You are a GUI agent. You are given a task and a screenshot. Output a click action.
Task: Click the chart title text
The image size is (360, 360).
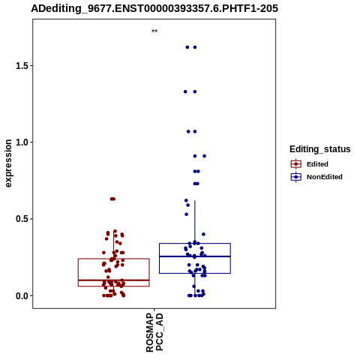154,8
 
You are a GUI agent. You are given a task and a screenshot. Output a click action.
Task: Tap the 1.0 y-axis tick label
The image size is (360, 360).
21,142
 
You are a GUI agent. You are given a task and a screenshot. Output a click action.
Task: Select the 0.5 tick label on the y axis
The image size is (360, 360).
21,219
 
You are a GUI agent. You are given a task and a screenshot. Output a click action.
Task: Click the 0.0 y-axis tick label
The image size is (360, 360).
21,295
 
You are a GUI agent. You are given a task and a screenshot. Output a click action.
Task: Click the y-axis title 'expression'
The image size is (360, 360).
8,163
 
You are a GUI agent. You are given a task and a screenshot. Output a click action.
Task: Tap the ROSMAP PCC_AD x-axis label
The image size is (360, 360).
154,332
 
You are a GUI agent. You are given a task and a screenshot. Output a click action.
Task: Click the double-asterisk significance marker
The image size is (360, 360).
154,31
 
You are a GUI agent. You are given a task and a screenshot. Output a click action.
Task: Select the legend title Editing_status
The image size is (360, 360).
320,149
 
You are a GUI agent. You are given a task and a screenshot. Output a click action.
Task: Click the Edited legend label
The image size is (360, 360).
317,164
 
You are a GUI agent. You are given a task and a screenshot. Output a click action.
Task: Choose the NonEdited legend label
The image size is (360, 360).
325,177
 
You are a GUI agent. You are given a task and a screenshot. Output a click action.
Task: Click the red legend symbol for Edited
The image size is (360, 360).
296,164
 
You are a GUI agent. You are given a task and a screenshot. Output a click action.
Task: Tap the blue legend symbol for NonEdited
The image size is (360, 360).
296,177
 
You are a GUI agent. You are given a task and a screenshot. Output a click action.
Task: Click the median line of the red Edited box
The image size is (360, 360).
114,280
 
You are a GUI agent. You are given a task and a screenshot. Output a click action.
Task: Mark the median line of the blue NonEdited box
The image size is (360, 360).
195,256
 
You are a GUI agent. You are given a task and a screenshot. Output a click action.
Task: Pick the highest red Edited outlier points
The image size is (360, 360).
112,199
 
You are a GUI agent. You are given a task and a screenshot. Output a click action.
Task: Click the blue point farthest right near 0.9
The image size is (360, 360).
204,156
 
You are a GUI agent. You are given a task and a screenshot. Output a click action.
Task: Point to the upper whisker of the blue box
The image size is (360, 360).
195,222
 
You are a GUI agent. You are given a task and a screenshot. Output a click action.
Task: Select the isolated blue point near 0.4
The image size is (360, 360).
203,234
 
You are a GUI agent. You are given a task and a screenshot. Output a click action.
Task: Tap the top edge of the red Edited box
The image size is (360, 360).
114,259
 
